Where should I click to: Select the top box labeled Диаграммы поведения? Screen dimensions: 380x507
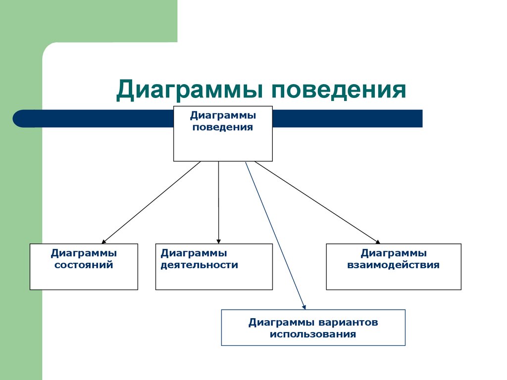point(223,134)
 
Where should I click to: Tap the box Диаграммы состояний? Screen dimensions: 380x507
point(84,267)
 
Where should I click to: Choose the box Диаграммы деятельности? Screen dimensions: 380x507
point(214,267)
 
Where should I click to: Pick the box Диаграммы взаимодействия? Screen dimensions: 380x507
point(394,267)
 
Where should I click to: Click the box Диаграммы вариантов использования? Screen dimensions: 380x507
point(313,328)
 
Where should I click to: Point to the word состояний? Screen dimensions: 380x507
point(84,265)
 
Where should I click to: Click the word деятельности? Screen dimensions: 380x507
point(199,265)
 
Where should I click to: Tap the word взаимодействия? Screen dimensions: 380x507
point(394,265)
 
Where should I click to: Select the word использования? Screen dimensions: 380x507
point(313,334)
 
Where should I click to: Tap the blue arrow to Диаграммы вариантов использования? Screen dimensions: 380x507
point(275,236)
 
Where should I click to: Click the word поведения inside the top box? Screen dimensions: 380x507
point(223,128)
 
